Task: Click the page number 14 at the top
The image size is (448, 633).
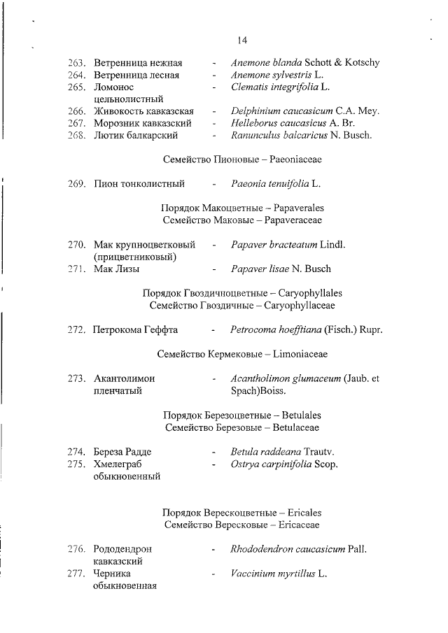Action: tap(241, 39)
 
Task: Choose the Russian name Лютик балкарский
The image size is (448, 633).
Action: tap(136, 135)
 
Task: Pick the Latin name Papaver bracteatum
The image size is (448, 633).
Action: tap(274, 245)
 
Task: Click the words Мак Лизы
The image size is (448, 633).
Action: tap(116, 269)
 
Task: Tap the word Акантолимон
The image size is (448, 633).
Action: tap(124, 378)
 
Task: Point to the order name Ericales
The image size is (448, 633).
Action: tap(307, 512)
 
